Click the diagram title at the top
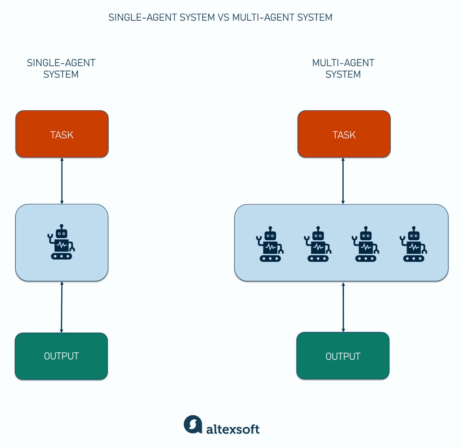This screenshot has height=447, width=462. click(x=220, y=18)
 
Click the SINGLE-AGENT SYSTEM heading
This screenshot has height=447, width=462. click(x=61, y=69)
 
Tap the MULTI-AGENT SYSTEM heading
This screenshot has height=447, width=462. click(x=343, y=69)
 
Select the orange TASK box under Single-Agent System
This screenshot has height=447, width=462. click(x=62, y=134)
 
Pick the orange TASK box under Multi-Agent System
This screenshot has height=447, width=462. click(x=344, y=134)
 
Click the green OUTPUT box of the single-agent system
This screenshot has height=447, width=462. click(x=61, y=356)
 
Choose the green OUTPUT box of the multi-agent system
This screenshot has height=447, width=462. click(x=343, y=356)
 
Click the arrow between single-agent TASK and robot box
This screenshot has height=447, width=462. click(x=62, y=181)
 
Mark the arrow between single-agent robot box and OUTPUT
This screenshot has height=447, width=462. click(x=62, y=307)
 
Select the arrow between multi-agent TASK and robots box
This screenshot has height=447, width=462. click(x=343, y=181)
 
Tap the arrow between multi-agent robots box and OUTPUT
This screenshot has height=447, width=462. click(x=343, y=307)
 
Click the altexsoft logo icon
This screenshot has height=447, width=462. click(x=193, y=424)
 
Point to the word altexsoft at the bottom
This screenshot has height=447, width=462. click(x=233, y=429)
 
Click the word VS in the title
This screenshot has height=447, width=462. click(x=223, y=18)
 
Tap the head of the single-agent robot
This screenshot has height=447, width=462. click(x=62, y=233)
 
